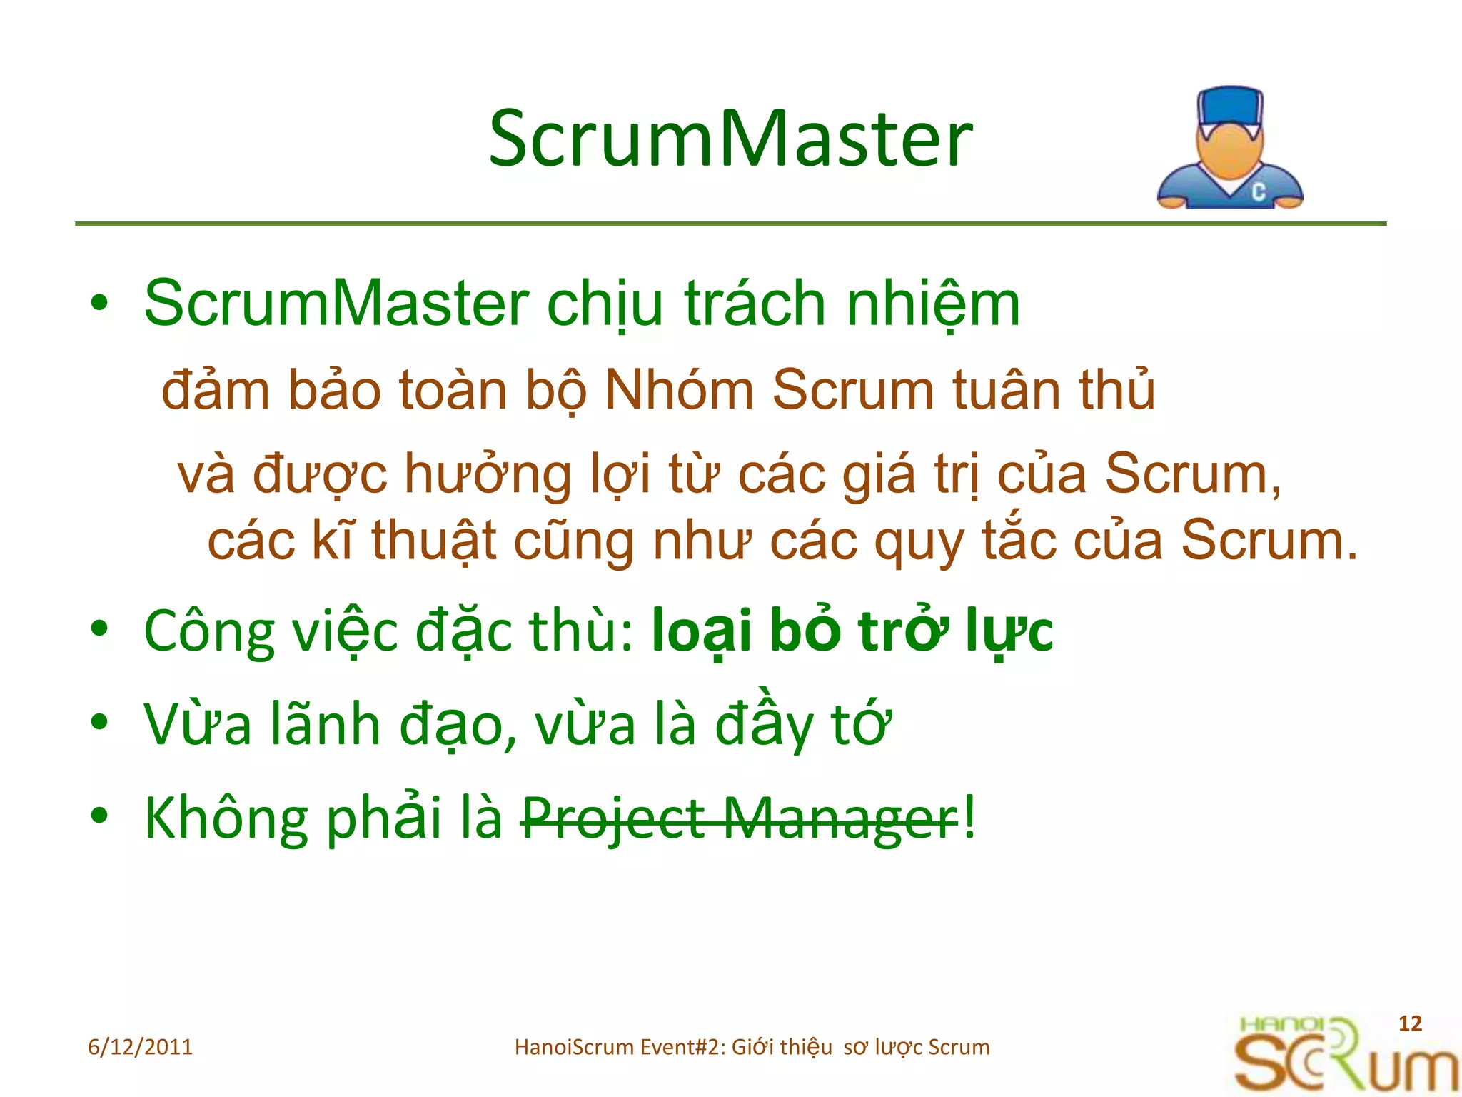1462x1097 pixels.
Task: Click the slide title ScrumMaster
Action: click(x=730, y=139)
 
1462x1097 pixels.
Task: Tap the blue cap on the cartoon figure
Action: click(x=1229, y=107)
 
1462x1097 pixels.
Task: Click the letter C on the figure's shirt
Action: click(x=1259, y=191)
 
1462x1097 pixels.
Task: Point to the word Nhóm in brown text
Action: click(x=679, y=391)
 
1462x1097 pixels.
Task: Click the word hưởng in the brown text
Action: click(x=488, y=475)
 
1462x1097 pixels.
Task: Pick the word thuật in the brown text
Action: click(x=433, y=541)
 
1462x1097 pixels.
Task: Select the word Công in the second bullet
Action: click(x=209, y=631)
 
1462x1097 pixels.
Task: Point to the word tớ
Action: click(x=861, y=724)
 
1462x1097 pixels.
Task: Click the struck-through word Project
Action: click(x=613, y=818)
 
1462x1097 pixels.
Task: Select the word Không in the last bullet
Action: click(x=226, y=818)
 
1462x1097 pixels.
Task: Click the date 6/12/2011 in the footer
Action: click(x=140, y=1047)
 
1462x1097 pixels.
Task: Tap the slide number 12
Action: click(x=1410, y=1023)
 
